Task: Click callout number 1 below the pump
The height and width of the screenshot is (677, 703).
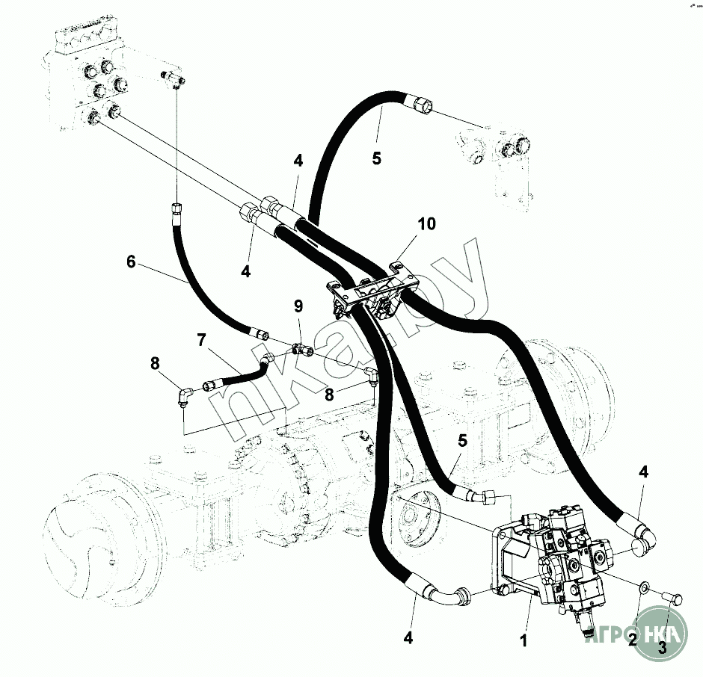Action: pos(524,640)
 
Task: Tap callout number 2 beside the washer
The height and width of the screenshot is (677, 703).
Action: pos(633,639)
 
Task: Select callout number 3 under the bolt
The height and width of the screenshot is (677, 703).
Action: pos(661,647)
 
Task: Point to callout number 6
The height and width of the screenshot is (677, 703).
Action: pos(132,262)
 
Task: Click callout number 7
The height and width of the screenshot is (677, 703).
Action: pos(200,340)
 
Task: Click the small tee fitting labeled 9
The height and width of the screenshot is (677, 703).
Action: pos(301,347)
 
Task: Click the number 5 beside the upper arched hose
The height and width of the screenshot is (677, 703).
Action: pos(377,158)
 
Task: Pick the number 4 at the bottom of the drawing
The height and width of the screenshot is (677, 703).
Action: pos(408,638)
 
